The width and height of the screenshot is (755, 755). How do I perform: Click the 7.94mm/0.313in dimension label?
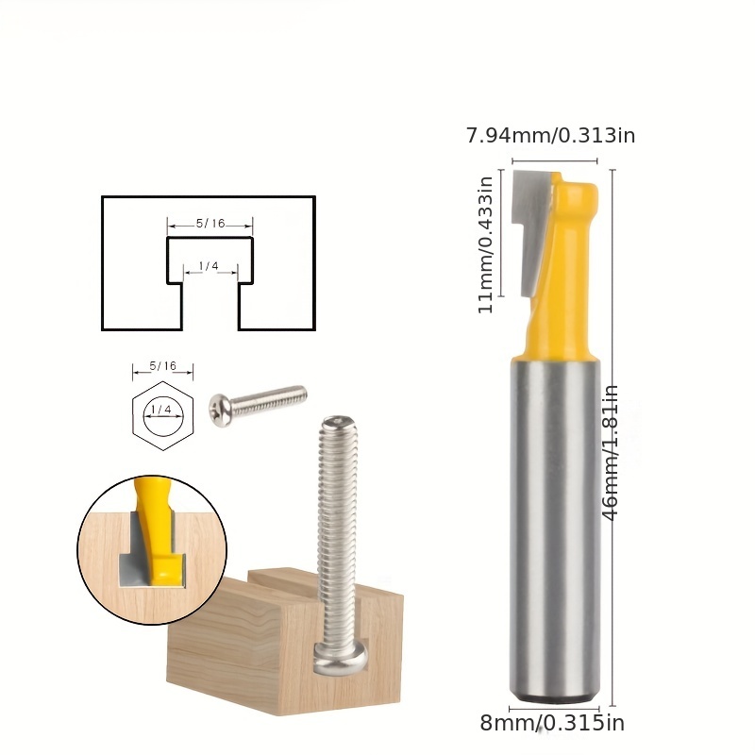click(550, 135)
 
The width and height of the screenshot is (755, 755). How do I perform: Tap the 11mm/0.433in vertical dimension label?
click(487, 244)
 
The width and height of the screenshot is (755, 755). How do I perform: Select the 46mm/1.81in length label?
click(612, 451)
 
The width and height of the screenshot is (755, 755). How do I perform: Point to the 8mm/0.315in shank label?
click(552, 724)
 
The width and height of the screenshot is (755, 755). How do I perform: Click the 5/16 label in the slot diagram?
click(210, 224)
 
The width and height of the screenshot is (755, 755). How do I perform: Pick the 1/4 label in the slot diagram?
click(209, 267)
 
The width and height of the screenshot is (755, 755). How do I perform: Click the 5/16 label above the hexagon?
click(162, 365)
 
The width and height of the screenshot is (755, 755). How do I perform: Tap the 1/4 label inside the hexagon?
click(162, 410)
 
